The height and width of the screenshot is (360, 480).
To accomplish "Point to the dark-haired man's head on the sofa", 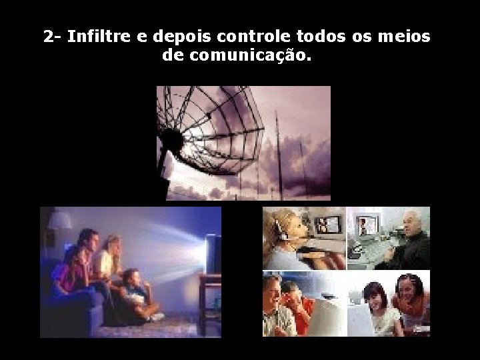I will pos(88,240).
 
